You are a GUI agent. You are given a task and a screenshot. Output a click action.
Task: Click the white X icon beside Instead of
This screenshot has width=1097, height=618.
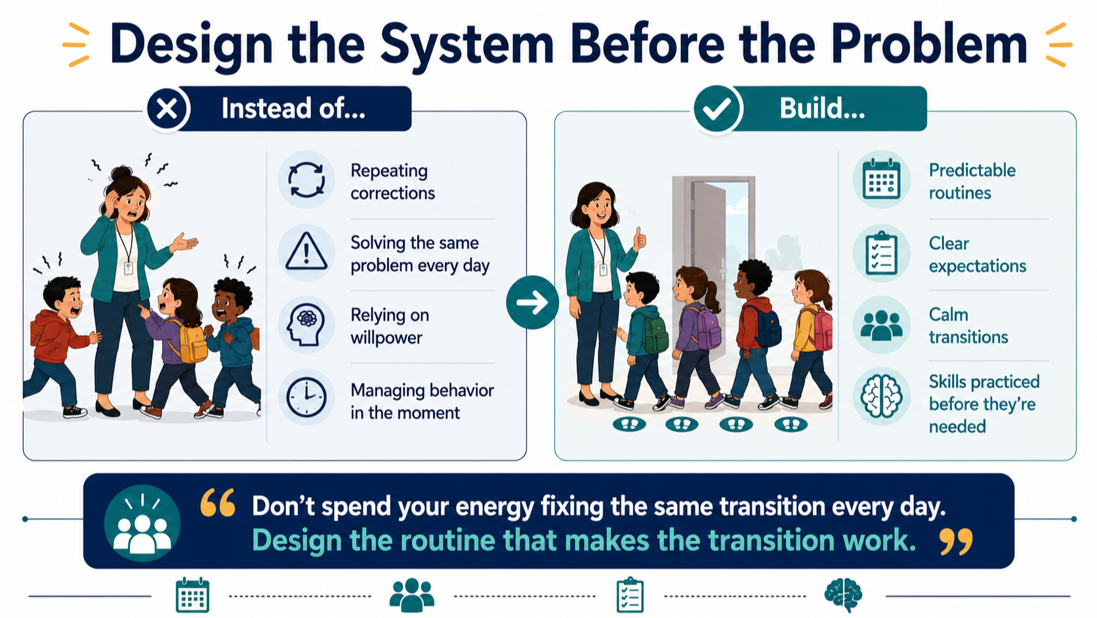pyautogui.click(x=167, y=109)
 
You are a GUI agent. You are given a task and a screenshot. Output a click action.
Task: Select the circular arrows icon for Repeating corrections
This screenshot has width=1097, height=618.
pyautogui.click(x=306, y=180)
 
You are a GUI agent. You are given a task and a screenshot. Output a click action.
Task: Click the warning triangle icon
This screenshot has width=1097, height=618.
pyautogui.click(x=306, y=252)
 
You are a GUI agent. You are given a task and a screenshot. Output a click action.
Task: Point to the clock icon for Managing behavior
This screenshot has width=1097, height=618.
pyautogui.click(x=306, y=397)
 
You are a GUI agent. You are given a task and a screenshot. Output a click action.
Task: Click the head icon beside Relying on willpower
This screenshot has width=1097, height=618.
pyautogui.click(x=306, y=324)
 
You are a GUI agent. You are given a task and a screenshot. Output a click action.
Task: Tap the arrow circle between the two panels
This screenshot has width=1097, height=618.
pyautogui.click(x=532, y=302)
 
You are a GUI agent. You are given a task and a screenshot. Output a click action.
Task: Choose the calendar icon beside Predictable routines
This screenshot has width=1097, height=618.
pyautogui.click(x=881, y=179)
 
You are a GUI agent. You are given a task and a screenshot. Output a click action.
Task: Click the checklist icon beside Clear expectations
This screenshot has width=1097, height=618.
pyautogui.click(x=881, y=254)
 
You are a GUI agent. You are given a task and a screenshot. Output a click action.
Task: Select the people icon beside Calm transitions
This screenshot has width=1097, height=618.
pyautogui.click(x=881, y=325)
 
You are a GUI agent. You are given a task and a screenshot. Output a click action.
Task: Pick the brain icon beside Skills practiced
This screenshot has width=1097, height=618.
pyautogui.click(x=881, y=397)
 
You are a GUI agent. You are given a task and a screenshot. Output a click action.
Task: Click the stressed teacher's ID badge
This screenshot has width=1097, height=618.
pyautogui.click(x=129, y=267)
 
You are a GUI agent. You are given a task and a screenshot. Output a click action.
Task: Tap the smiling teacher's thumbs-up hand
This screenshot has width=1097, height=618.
pyautogui.click(x=640, y=239)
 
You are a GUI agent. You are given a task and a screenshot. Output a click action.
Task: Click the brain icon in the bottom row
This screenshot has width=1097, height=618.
pyautogui.click(x=843, y=595)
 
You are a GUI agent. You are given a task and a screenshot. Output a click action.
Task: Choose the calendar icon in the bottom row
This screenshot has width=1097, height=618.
pyautogui.click(x=192, y=596)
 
